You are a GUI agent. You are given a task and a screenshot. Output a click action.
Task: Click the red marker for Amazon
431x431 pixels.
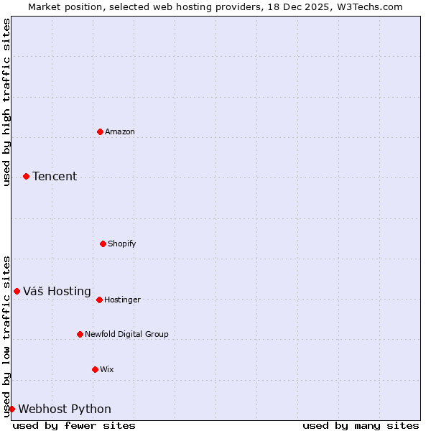[x=100, y=131]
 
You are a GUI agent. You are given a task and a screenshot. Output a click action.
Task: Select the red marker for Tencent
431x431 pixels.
[x=26, y=176]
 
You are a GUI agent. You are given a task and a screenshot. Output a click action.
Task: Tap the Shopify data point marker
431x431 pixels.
[x=103, y=244]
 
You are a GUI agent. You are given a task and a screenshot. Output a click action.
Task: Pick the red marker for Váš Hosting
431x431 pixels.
[x=17, y=291]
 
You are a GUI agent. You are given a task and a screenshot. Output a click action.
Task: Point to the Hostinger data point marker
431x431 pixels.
[x=99, y=300]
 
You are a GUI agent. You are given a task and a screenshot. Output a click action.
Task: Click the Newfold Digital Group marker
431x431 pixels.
[x=80, y=334]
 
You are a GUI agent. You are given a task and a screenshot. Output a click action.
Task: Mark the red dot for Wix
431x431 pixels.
[x=95, y=369]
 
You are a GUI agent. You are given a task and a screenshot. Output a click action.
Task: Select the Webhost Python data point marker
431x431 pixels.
[x=11, y=409]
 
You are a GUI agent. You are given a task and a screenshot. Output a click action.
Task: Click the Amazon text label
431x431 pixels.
[x=120, y=131]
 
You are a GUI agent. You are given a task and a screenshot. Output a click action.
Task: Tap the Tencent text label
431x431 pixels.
[x=55, y=176]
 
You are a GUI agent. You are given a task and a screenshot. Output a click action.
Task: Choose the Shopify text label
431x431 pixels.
[x=122, y=244]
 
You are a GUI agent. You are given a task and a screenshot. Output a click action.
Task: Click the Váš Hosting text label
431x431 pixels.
[x=57, y=291]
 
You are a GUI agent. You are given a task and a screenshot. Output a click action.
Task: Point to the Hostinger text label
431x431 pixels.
[x=123, y=300]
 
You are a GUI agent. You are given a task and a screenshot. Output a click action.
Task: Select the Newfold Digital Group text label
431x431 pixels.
[x=126, y=334]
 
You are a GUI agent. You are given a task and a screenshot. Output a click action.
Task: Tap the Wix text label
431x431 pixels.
[x=107, y=369]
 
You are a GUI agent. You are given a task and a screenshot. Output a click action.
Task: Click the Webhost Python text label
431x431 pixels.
[x=65, y=409]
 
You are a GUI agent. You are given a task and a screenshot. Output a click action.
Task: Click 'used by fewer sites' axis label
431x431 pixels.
[x=74, y=425]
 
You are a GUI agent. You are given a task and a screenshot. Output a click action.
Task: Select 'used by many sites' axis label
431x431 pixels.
[x=361, y=425]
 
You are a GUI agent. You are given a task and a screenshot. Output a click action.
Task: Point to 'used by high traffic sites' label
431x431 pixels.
[x=6, y=102]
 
